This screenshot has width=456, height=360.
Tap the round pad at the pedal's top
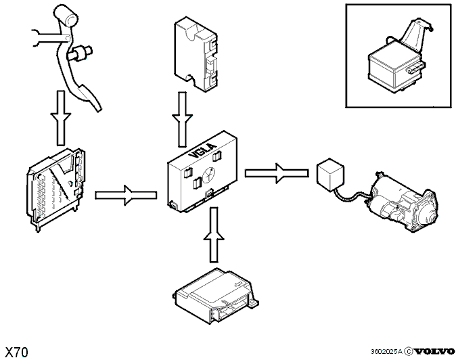click(66, 15)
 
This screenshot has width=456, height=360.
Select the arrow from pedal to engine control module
click(60, 118)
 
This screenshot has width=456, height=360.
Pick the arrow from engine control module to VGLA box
click(126, 195)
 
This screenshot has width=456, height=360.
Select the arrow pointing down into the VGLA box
click(183, 119)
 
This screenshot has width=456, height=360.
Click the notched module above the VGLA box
click(196, 54)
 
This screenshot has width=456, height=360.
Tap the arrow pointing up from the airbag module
click(214, 234)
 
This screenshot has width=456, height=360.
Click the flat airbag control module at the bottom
click(216, 296)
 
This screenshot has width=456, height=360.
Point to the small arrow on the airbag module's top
click(239, 284)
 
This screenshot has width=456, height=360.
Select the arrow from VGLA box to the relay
click(277, 173)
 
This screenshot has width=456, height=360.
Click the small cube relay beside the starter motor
click(330, 175)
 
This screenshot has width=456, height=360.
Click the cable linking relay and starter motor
click(351, 196)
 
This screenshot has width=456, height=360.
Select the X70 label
click(17, 353)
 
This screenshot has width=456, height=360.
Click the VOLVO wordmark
click(434, 351)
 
